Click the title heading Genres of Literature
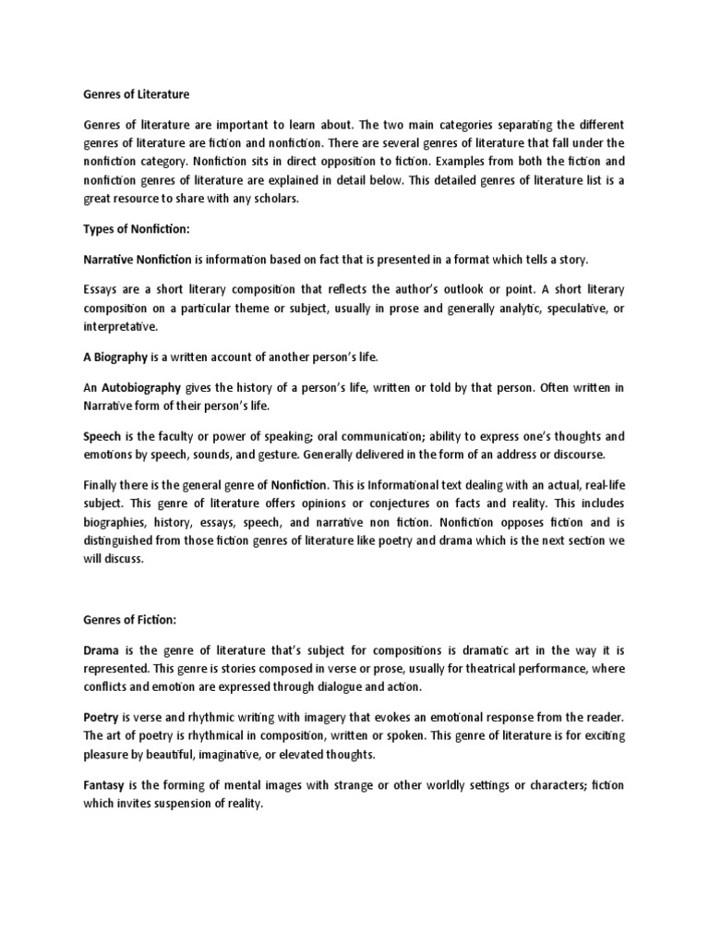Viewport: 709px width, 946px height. pyautogui.click(x=136, y=92)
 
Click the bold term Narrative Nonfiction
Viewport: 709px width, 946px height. pyautogui.click(x=138, y=260)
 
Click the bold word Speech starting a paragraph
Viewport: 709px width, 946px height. pyautogui.click(x=102, y=436)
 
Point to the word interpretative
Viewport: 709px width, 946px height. pyautogui.click(x=120, y=326)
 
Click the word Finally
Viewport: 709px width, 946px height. pyautogui.click(x=102, y=484)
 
